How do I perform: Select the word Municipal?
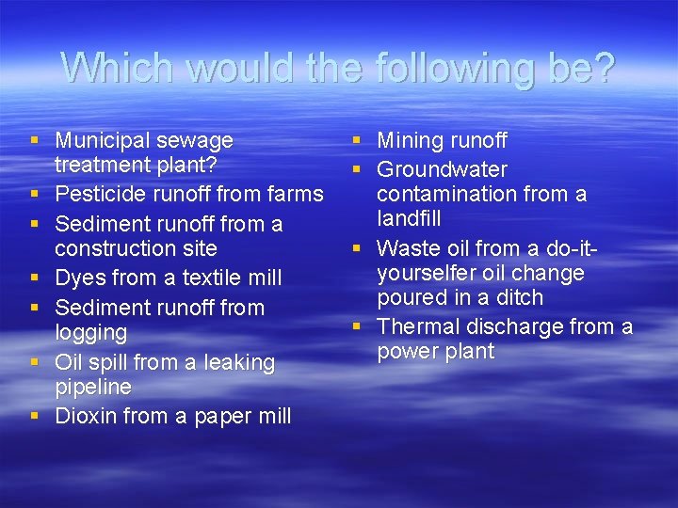coord(104,141)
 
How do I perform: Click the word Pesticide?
coord(98,195)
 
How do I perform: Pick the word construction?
coord(136,248)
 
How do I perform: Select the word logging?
coord(90,333)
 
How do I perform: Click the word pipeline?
coord(93,387)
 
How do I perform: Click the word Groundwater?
coord(443,170)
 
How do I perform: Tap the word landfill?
coord(409,219)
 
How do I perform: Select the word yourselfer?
coord(428,274)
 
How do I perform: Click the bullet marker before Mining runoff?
coord(357,141)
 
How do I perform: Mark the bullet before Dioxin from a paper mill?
coord(35,416)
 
